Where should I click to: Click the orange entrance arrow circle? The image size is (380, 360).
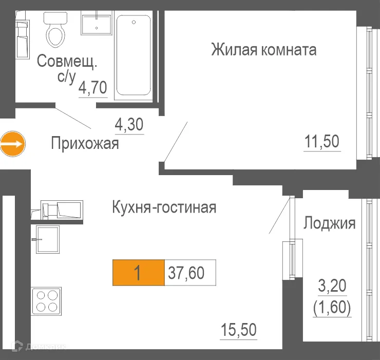[x=12, y=143]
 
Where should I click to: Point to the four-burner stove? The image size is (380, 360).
[x=46, y=300]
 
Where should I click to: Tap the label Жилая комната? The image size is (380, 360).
[x=263, y=50]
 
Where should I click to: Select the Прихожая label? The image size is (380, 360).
[x=85, y=143]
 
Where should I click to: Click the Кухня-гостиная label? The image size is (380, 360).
[x=164, y=207]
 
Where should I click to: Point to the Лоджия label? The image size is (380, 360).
[x=330, y=223]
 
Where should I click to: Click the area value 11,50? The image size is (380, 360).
[x=322, y=141]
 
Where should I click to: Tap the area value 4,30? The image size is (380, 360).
[x=128, y=125]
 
